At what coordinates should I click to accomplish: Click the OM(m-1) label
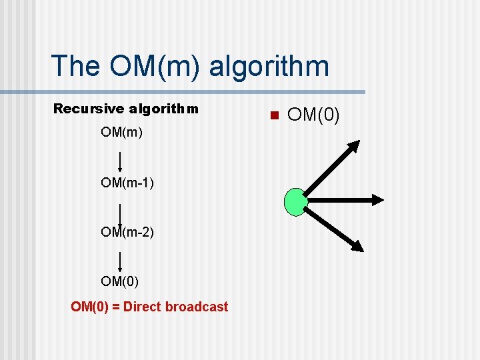127,182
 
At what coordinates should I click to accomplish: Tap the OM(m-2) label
127,231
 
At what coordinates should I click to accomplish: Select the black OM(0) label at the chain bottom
120,281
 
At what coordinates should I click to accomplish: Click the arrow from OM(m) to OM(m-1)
120,162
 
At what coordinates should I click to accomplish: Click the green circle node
295,202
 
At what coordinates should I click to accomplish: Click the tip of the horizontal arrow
378,199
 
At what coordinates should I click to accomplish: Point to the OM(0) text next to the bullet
313,116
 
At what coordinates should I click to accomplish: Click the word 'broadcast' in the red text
197,307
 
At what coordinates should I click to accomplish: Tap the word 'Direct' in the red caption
143,307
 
